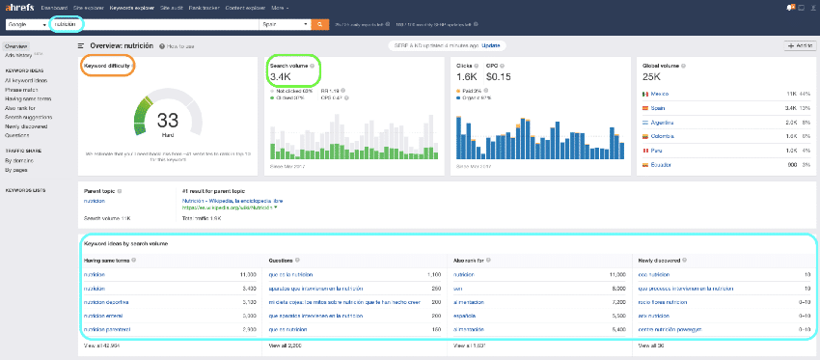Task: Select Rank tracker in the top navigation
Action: point(198,7)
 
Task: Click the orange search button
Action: point(320,24)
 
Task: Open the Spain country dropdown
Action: point(284,24)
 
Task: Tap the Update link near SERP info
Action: point(491,44)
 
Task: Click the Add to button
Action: point(799,45)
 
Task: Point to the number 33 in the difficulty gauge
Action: point(168,120)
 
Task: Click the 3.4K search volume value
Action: point(281,77)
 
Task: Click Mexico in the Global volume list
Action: point(661,93)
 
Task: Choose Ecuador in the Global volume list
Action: point(662,165)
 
